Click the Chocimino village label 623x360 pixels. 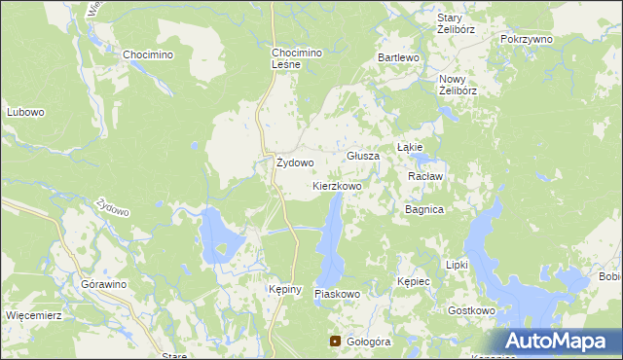(x=148, y=54)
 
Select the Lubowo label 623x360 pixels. (x=25, y=112)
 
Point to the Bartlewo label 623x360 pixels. (x=398, y=58)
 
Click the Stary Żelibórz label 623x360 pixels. (x=449, y=24)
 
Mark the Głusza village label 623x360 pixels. (x=363, y=156)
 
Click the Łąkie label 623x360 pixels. (x=409, y=147)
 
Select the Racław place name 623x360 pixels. (x=425, y=176)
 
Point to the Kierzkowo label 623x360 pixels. (x=337, y=185)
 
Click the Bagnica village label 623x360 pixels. (x=424, y=209)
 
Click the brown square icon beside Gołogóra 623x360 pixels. (x=336, y=342)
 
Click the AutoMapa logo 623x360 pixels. (x=557, y=342)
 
